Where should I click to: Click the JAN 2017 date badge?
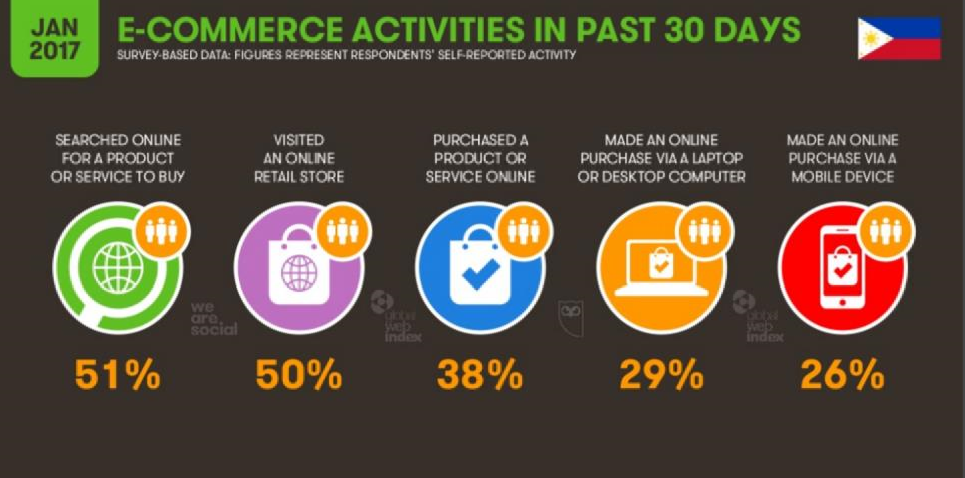pyautogui.click(x=54, y=38)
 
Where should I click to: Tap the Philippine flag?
pyautogui.click(x=899, y=39)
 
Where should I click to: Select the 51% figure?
pyautogui.click(x=117, y=375)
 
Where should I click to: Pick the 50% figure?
pyautogui.click(x=299, y=375)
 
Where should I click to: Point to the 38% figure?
pyautogui.click(x=480, y=375)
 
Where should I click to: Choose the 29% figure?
pyautogui.click(x=662, y=375)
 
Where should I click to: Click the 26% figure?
pyautogui.click(x=843, y=375)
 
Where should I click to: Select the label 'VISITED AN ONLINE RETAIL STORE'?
pyautogui.click(x=299, y=159)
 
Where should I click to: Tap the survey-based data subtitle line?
pyautogui.click(x=346, y=55)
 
